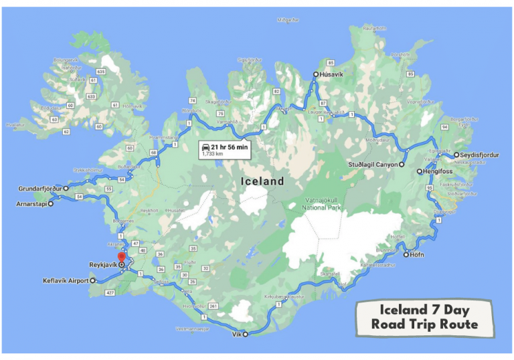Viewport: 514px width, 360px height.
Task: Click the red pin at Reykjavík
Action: (x=121, y=258)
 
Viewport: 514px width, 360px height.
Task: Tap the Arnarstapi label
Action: (x=30, y=203)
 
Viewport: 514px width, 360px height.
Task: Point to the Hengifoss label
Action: (x=438, y=171)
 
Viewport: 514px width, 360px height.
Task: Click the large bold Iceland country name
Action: (x=262, y=181)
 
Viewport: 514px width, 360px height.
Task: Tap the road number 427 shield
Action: (x=110, y=293)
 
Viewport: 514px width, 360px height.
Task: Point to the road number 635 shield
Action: (x=101, y=72)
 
